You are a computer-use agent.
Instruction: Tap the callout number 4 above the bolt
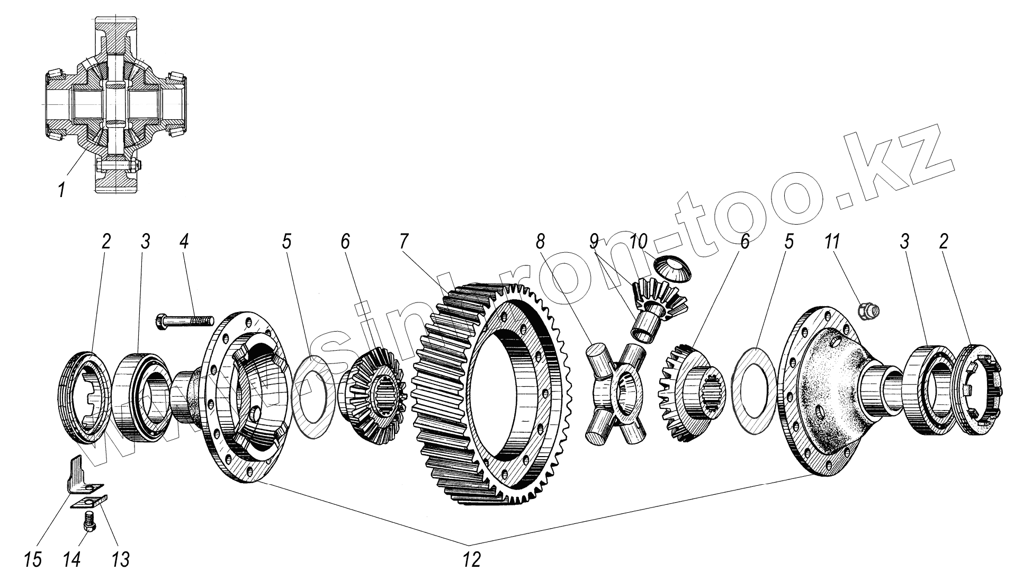click(x=184, y=243)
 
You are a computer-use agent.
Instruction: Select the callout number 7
click(x=404, y=243)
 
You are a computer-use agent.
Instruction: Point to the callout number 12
click(x=471, y=559)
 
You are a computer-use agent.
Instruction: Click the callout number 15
click(x=33, y=559)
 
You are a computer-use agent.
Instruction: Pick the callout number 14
click(x=73, y=559)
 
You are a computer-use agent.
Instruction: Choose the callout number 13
click(x=121, y=559)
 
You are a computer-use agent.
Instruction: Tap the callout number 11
click(x=831, y=243)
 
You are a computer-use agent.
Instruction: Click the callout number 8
click(x=540, y=243)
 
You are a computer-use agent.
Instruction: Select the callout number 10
click(x=639, y=243)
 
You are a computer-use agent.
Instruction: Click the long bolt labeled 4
click(x=184, y=322)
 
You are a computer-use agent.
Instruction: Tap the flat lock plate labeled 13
click(x=89, y=501)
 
